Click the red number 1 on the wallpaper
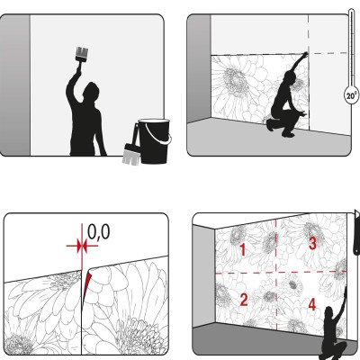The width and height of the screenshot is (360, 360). click(x=243, y=249)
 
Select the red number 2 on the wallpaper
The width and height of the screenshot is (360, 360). click(x=244, y=300)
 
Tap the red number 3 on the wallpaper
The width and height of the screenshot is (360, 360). click(x=312, y=243)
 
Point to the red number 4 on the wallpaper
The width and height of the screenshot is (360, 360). click(x=312, y=304)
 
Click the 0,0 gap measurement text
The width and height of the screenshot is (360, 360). click(x=99, y=231)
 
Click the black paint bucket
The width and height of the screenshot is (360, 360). click(x=154, y=141)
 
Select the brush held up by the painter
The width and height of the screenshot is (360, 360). click(x=82, y=55)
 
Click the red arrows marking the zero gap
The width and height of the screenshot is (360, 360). click(x=82, y=246)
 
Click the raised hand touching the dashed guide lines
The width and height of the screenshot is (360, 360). click(x=305, y=55)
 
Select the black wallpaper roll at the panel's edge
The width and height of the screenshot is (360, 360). click(x=356, y=232)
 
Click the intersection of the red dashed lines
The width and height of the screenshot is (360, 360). click(x=276, y=273)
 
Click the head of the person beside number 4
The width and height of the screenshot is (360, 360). click(x=328, y=312)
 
